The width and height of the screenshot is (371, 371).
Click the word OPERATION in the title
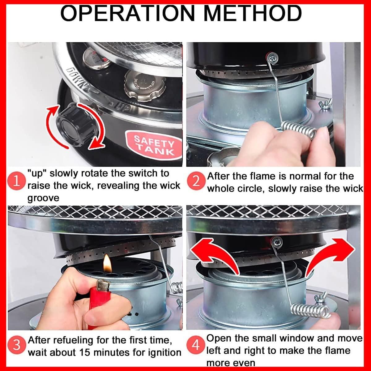pyautogui.click(x=127, y=13)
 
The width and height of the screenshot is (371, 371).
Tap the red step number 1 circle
pyautogui.click(x=16, y=181)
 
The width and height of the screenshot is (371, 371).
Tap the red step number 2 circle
pyautogui.click(x=196, y=181)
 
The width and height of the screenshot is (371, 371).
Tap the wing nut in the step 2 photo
pyautogui.click(x=325, y=104)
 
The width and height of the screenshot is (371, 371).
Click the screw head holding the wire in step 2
pyautogui.click(x=272, y=58)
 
